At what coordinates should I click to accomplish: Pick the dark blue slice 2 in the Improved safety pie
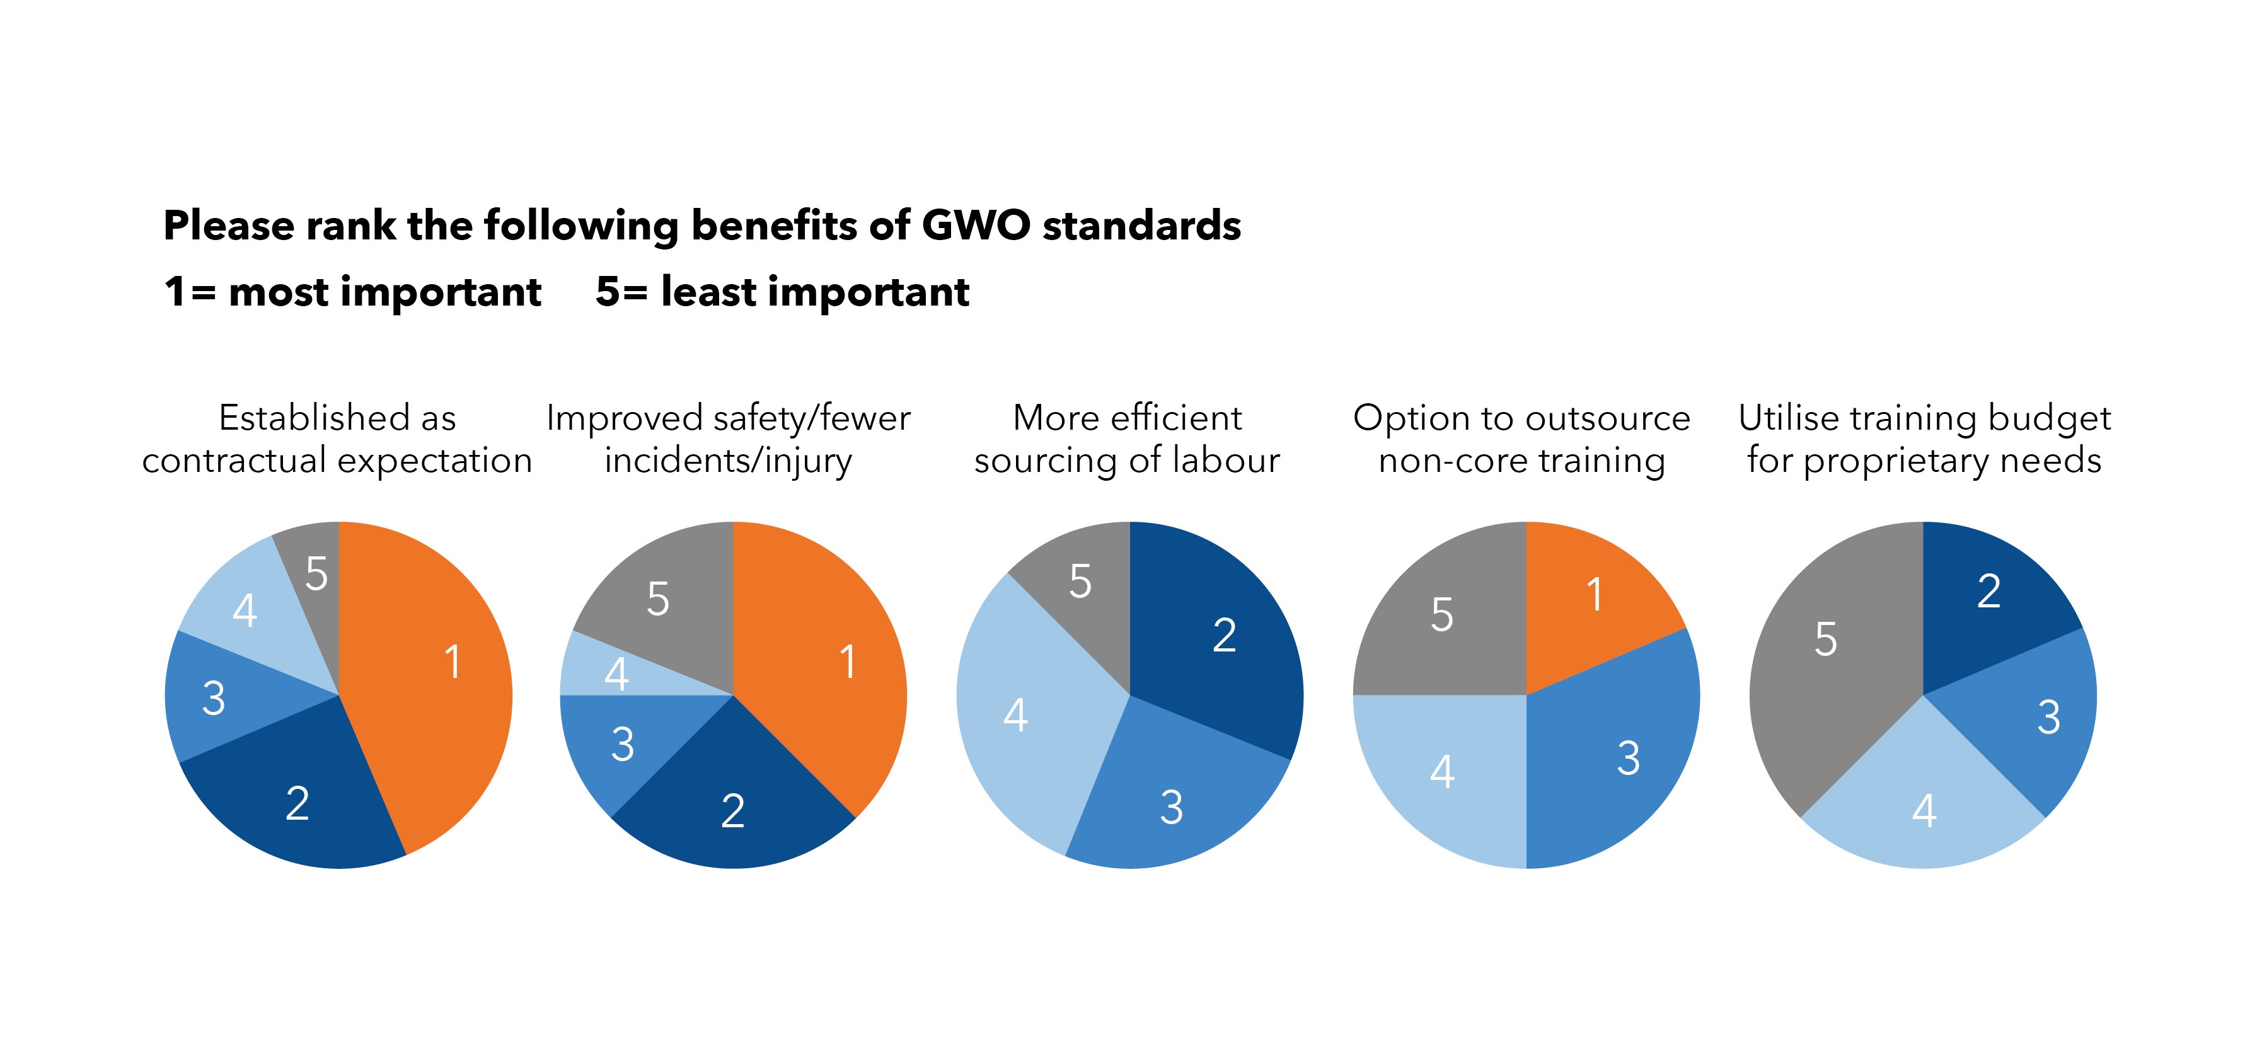733,803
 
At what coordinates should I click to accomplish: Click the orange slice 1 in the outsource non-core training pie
1590,597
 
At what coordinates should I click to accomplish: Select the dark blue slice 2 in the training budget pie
1989,593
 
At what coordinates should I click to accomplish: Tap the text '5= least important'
782,292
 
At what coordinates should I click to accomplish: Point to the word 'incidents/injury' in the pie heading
728,460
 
